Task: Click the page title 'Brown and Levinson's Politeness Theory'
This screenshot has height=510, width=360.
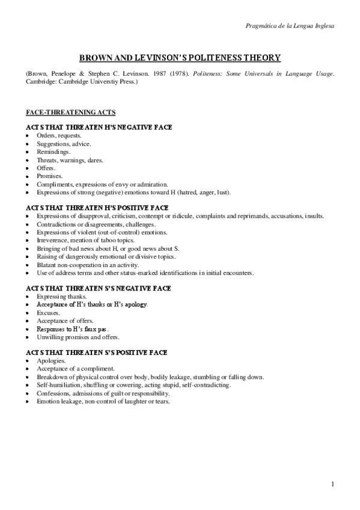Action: point(180,58)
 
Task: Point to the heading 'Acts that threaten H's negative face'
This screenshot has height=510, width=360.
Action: point(99,127)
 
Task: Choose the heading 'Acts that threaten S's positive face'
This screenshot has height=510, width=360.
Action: point(96,352)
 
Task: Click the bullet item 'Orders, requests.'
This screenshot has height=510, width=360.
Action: point(59,136)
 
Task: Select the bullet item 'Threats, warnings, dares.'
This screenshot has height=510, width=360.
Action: point(70,161)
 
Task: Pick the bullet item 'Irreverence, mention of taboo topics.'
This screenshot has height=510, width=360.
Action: point(85,240)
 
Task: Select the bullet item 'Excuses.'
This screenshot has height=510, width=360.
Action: point(48,313)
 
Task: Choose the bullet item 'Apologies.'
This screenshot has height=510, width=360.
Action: point(51,360)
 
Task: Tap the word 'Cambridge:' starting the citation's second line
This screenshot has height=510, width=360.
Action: point(40,80)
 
